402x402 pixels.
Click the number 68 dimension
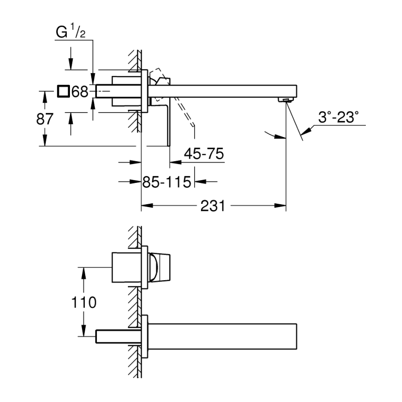[80, 92]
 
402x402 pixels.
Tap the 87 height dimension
[45, 119]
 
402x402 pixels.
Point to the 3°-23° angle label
[339, 117]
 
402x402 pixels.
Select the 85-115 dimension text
[166, 182]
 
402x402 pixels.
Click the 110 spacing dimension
[83, 303]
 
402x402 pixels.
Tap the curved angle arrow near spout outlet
[274, 135]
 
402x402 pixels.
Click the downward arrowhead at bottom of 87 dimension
[45, 141]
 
